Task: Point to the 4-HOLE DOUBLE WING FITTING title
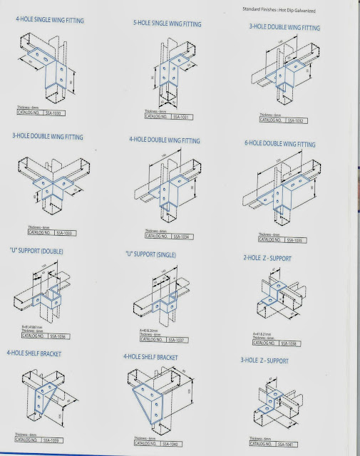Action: coord(165,140)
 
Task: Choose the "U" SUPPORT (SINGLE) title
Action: coord(160,254)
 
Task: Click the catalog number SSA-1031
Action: coord(174,118)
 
